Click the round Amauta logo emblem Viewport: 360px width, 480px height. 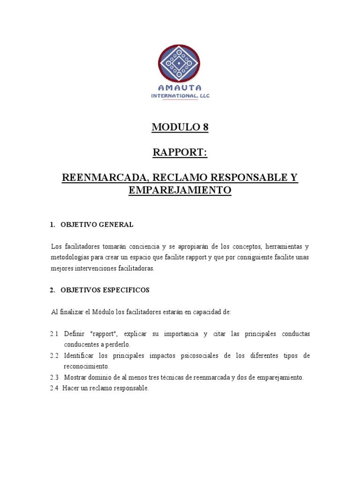point(179,63)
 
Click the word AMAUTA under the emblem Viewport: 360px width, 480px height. point(180,88)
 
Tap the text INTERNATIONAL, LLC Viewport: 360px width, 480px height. point(180,96)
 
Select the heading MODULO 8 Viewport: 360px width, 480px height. point(180,127)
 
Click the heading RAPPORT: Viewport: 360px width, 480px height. point(180,153)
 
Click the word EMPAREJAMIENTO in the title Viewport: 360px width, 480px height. point(180,190)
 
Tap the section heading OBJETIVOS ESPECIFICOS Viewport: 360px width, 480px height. point(105,290)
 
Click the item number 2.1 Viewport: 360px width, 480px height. point(54,334)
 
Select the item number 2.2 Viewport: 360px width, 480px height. point(54,356)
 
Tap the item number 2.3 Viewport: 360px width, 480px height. point(54,377)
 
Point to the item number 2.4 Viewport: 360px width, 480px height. point(54,388)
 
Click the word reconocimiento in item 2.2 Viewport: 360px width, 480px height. point(87,366)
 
